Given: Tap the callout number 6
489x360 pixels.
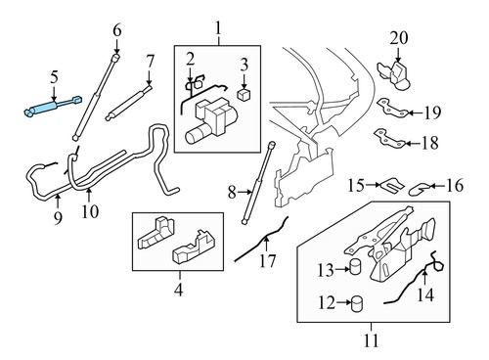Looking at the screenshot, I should (117, 30).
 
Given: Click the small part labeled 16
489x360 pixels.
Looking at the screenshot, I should (418, 184).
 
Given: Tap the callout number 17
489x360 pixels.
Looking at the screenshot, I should (266, 261).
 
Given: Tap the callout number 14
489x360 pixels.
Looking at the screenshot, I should (424, 292).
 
